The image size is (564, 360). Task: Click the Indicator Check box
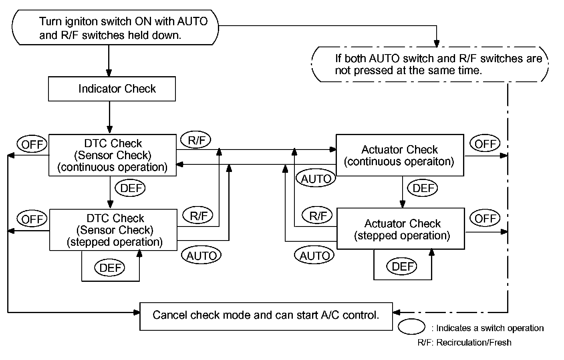[112, 89]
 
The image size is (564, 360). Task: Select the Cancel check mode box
[266, 316]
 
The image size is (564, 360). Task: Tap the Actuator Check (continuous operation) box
[400, 155]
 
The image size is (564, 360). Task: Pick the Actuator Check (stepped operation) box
[401, 229]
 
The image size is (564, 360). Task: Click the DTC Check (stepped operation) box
[113, 230]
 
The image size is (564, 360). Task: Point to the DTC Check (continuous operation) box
[112, 155]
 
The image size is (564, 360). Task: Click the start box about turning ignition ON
[115, 27]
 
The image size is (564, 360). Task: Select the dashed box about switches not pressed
[430, 64]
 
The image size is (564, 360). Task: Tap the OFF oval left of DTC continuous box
[32, 144]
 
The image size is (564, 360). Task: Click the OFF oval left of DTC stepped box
[32, 218]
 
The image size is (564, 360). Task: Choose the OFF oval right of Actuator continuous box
[485, 143]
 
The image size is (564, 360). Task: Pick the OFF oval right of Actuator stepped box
[485, 218]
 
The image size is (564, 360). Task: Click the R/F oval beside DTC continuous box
[196, 140]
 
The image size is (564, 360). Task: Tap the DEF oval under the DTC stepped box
[109, 267]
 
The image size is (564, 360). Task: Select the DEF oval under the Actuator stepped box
[401, 266]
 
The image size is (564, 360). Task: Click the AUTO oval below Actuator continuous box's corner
[316, 178]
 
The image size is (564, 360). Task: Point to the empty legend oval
[411, 327]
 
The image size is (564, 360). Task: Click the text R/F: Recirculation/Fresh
[465, 343]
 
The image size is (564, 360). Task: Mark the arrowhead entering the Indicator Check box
[109, 73]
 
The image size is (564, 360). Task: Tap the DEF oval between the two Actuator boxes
[423, 188]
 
